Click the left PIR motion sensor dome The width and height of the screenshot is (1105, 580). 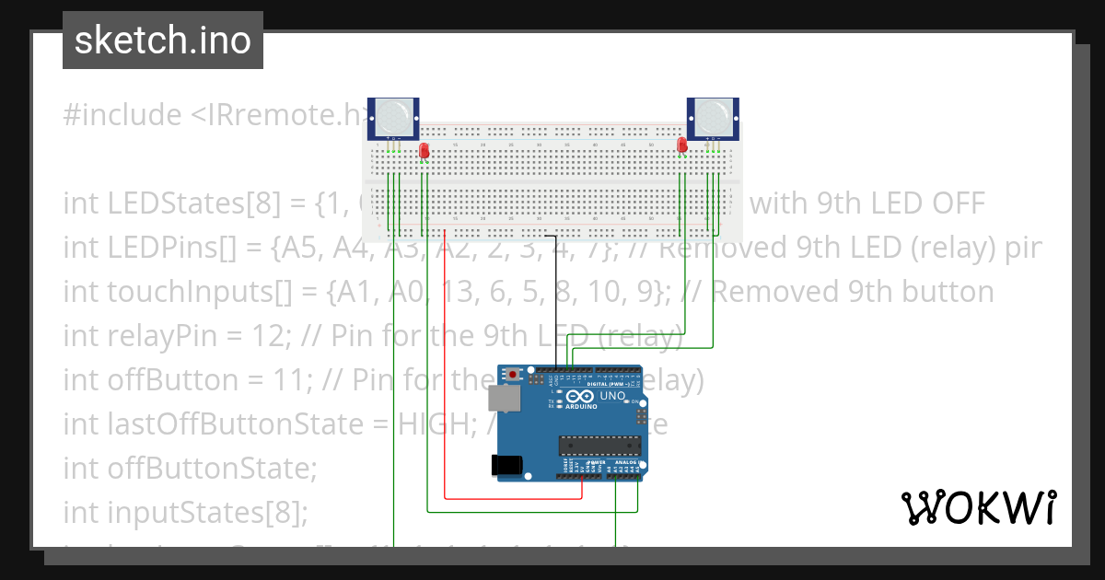pyautogui.click(x=393, y=117)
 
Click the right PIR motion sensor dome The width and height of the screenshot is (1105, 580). pyautogui.click(x=713, y=117)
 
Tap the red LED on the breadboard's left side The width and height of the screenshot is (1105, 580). pyautogui.click(x=424, y=151)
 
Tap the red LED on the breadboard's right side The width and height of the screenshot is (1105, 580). pyautogui.click(x=681, y=145)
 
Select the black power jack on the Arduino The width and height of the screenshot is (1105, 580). pyautogui.click(x=508, y=464)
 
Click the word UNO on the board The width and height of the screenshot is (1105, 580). pyautogui.click(x=612, y=396)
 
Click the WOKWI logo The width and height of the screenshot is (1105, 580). pyautogui.click(x=978, y=507)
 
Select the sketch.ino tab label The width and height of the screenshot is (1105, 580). pyautogui.click(x=162, y=41)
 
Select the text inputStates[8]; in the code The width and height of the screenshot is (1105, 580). pyautogui.click(x=208, y=512)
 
